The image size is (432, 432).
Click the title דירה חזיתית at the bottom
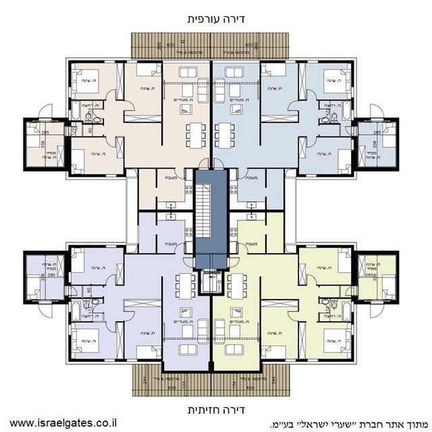click(x=215, y=410)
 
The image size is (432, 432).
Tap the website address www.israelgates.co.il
click(x=63, y=424)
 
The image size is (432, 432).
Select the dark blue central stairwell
click(x=209, y=219)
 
